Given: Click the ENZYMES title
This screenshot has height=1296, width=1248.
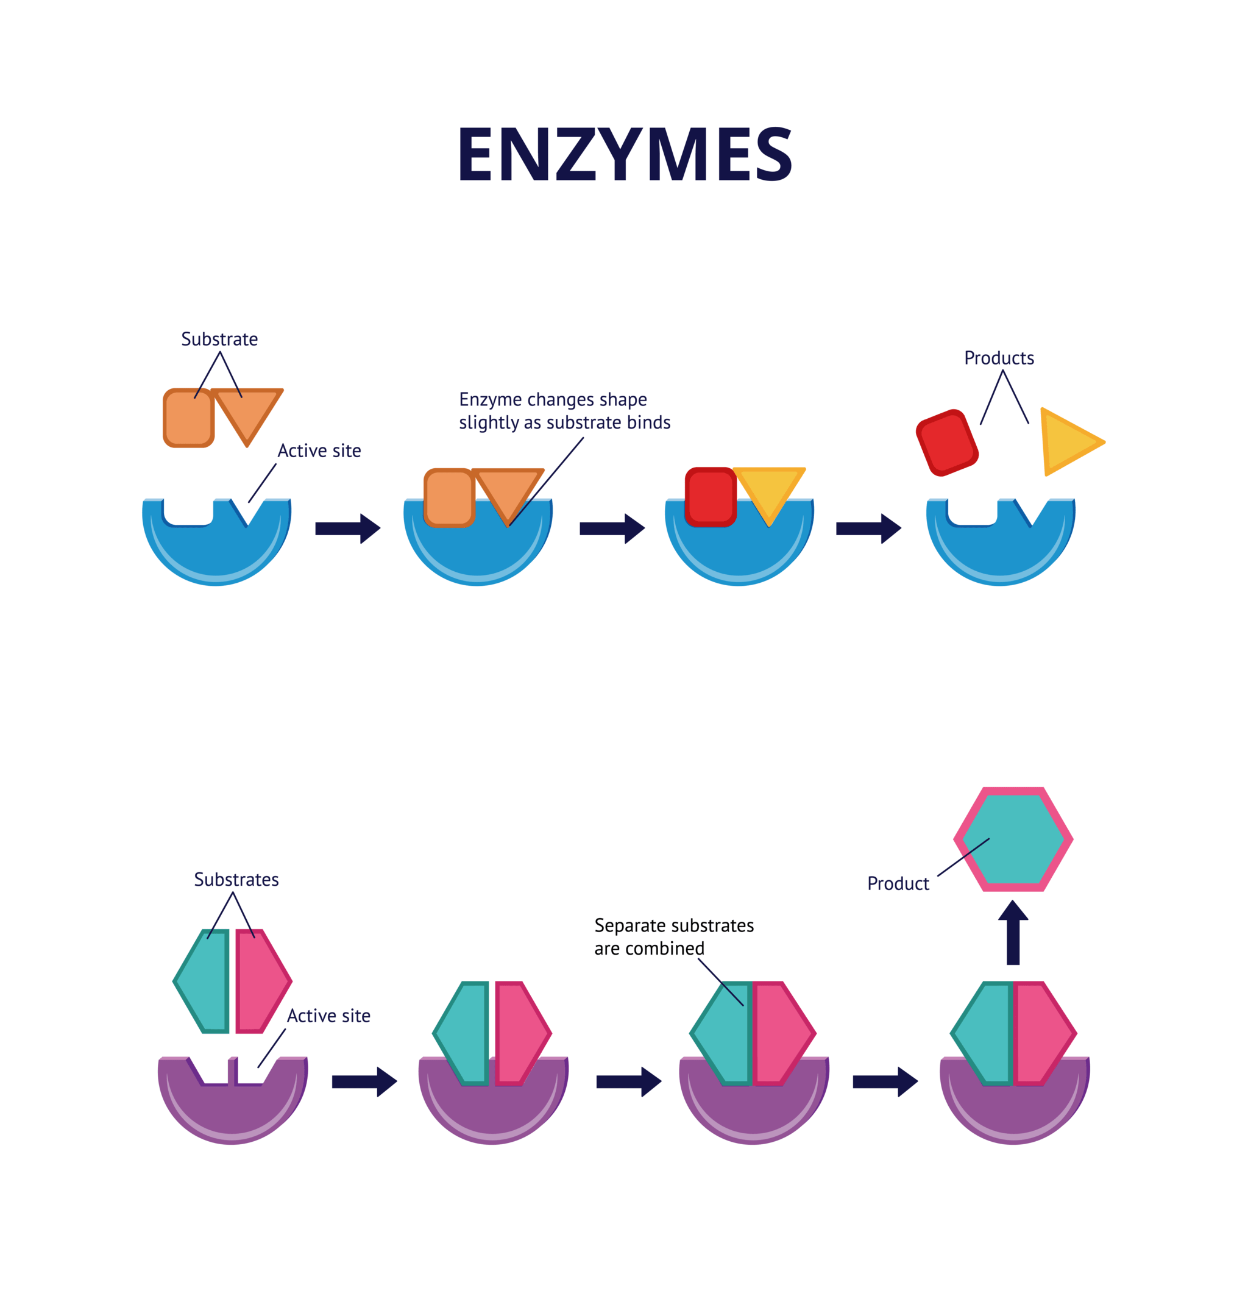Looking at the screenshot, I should [624, 154].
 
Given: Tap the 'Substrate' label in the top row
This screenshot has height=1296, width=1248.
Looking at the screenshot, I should [219, 339].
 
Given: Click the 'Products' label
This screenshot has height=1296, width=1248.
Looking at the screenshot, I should [998, 358].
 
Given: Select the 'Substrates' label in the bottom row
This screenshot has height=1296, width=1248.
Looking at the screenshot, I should [236, 880].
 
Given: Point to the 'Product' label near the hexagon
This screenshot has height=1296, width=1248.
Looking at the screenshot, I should [898, 883].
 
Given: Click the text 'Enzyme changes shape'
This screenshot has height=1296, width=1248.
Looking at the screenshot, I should [553, 399].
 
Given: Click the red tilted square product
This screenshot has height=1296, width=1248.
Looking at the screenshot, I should [946, 443].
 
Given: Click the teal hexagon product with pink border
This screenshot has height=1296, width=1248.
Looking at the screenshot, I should [1013, 839].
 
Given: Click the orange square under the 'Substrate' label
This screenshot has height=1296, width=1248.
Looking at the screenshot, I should [188, 418].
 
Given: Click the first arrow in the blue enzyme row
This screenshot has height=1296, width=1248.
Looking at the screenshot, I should [347, 529].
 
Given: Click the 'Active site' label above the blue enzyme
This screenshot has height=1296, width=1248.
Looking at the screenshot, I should [319, 451].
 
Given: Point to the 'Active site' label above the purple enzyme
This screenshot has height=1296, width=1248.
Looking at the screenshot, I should [328, 1016].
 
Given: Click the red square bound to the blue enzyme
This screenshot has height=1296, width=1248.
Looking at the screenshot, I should [711, 497].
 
